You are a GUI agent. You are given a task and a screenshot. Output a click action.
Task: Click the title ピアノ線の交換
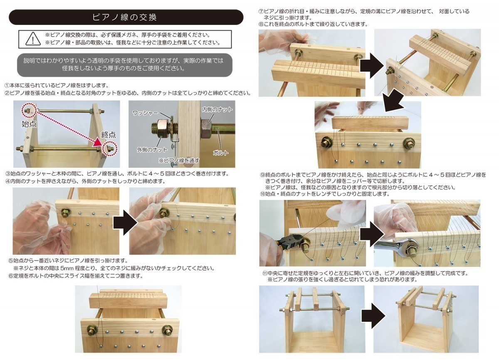pyautogui.click(x=124, y=17)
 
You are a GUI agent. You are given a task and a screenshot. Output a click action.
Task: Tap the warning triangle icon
pyautogui.click(x=33, y=39)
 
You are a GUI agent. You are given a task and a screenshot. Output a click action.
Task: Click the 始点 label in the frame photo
pyautogui.click(x=29, y=124)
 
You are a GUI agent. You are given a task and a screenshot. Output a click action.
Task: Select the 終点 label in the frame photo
pyautogui.click(x=109, y=135)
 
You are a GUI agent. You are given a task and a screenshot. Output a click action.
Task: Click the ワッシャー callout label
pyautogui.click(x=145, y=113)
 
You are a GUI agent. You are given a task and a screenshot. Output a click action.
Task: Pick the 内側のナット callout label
pyautogui.click(x=217, y=109)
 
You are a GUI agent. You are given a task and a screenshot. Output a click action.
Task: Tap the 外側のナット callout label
pyautogui.click(x=152, y=150)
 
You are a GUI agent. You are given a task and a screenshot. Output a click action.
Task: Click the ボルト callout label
pyautogui.click(x=220, y=153)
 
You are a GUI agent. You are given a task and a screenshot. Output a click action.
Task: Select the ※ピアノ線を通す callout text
pyautogui.click(x=179, y=160)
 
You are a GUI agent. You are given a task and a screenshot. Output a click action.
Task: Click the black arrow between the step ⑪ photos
pyautogui.click(x=373, y=316)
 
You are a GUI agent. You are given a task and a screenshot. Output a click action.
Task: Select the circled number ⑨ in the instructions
pyautogui.click(x=263, y=175)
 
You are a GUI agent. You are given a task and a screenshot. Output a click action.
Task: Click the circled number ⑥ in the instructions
pyautogui.click(x=11, y=276)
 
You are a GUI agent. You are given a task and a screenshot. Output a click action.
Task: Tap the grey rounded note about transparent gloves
pyautogui.click(x=125, y=65)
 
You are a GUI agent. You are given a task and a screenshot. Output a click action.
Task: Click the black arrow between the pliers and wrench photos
pyautogui.click(x=372, y=234)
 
